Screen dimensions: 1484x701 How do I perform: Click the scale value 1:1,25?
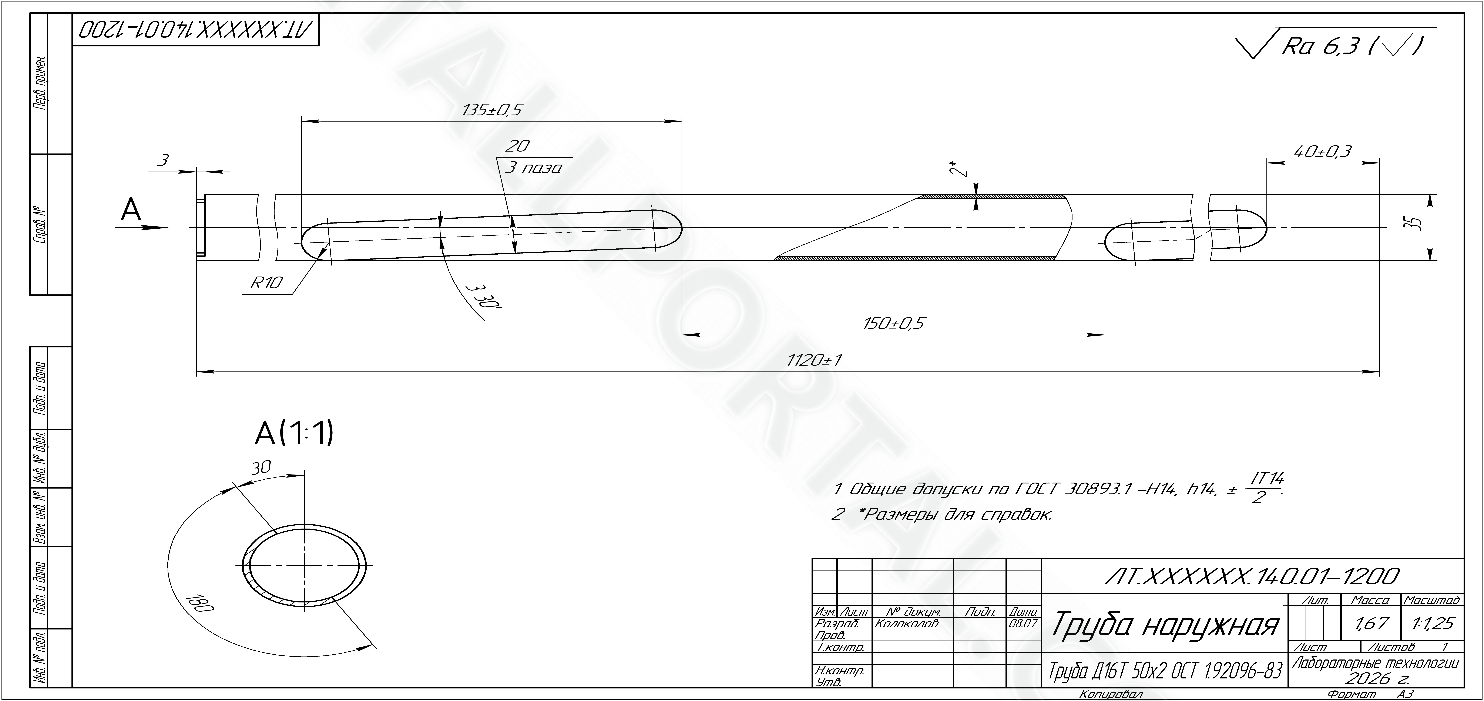(1432, 623)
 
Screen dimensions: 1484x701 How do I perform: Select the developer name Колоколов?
(907, 623)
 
